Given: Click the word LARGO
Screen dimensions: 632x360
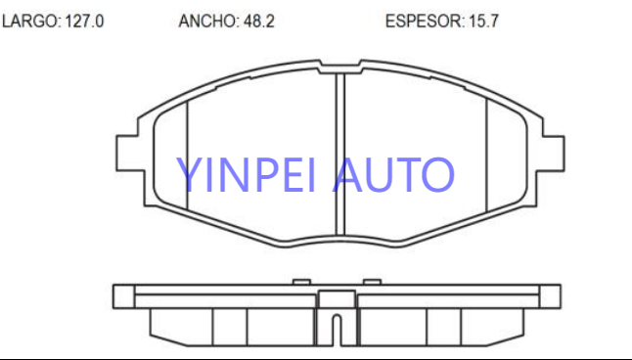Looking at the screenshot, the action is [x=30, y=21].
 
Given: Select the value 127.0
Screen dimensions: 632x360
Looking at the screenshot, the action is [x=84, y=21].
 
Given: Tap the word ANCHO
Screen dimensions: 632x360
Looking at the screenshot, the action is [x=208, y=21].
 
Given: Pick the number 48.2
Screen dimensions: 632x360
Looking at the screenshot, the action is [x=258, y=21].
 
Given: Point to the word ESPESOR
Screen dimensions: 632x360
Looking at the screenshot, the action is [x=425, y=21].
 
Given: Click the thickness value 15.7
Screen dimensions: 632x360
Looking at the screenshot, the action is [x=483, y=21].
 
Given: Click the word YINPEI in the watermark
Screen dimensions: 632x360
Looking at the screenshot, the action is [x=246, y=174].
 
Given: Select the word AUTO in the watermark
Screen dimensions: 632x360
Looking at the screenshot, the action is [x=393, y=174].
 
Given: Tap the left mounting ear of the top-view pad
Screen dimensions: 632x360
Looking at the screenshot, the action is [x=130, y=154].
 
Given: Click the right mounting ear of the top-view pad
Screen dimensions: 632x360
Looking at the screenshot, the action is [x=553, y=154].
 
